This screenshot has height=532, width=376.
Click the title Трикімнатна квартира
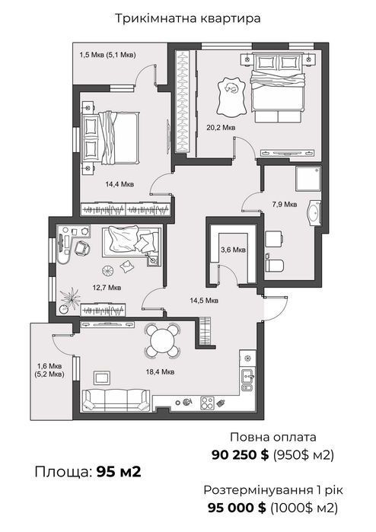pos(188,18)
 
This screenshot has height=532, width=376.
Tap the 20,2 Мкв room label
pos(221,128)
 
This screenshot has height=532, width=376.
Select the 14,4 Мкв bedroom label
pos(119,184)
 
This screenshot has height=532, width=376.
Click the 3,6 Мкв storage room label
pos(233,250)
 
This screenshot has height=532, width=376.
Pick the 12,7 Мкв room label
pos(107,288)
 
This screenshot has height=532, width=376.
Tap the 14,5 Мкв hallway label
pos(204,301)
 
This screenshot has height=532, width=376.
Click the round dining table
pos(163,341)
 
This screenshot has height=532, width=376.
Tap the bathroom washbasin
pos(314,213)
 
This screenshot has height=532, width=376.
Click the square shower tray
pos(307,178)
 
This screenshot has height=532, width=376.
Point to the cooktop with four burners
pos(207,403)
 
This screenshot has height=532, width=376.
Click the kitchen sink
pos(247,375)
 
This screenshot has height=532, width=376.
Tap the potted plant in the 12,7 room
pos(69,299)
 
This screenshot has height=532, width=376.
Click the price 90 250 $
pos(240,454)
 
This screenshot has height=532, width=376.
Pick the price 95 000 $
pos(237,508)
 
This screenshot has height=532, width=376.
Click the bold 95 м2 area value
pos(119,472)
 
